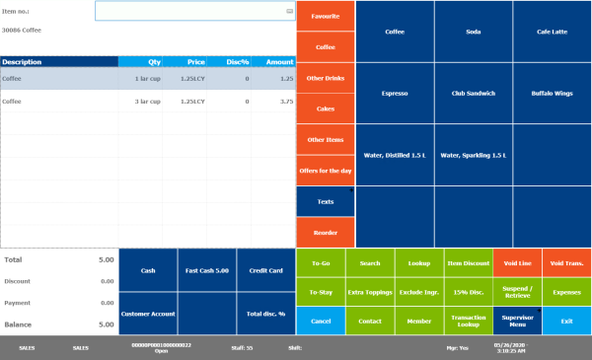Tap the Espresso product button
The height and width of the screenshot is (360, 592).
(x=395, y=94)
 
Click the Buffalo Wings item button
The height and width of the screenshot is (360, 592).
(x=552, y=94)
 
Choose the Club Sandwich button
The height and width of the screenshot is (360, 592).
(x=473, y=94)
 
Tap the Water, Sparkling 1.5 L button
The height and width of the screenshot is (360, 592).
(x=473, y=155)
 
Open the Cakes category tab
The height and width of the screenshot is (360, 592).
(x=325, y=108)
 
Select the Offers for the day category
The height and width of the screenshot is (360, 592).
(x=325, y=171)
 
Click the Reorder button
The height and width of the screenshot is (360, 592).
(x=325, y=233)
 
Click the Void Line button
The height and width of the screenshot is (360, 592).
(x=517, y=263)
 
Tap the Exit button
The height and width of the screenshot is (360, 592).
(x=566, y=321)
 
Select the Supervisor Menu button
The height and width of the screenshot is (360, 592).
(x=517, y=321)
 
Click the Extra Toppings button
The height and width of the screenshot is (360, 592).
(x=370, y=292)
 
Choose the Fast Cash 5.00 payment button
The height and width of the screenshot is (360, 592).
(x=207, y=270)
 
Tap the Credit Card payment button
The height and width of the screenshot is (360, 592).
(x=266, y=270)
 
